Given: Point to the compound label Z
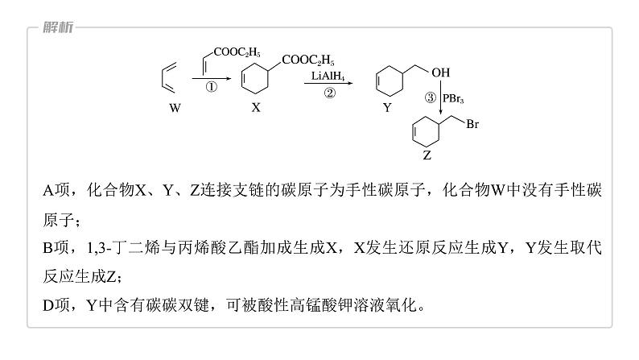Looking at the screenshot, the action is pyautogui.click(x=427, y=155).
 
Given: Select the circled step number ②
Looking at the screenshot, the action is pyautogui.click(x=329, y=93).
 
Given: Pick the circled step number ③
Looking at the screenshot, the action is pyautogui.click(x=431, y=97).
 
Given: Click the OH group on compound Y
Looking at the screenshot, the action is pyautogui.click(x=441, y=72).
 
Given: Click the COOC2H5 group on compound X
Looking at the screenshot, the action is pyautogui.click(x=307, y=60).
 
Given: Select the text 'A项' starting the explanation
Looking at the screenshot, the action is pyautogui.click(x=58, y=190).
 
